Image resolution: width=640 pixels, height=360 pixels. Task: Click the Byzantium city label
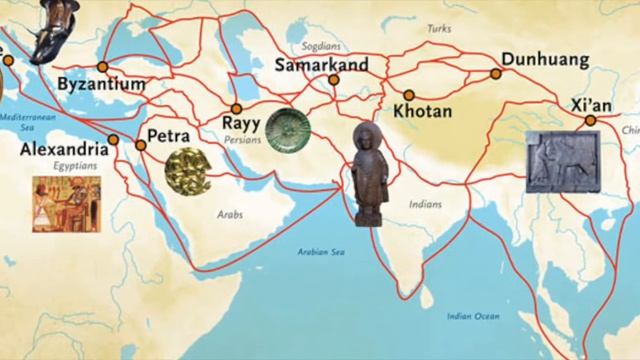(101, 86)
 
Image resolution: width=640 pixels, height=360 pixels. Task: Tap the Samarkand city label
(321, 66)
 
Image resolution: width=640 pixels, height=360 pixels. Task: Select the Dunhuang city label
(547, 60)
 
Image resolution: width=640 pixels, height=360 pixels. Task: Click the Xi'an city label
(590, 102)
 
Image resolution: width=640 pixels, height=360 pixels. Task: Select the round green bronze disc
(287, 129)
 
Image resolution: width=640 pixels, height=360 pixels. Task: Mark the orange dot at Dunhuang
(496, 73)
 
